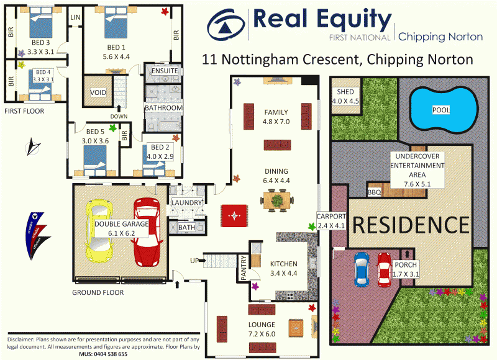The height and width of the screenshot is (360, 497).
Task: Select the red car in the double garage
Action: [146, 230]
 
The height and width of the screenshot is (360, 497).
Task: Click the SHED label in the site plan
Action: [345, 92]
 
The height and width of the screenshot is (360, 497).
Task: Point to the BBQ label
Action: [374, 192]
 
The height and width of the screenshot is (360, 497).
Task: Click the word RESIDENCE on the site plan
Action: [411, 223]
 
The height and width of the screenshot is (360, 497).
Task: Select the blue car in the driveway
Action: [362, 269]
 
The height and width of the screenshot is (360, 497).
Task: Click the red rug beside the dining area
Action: [234, 216]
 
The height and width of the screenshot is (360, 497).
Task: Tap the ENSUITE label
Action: [165, 71]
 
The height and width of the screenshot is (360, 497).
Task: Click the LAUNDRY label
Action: [186, 203]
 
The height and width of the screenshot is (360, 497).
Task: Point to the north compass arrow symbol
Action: [32, 148]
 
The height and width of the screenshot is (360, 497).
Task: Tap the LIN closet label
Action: [75, 17]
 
